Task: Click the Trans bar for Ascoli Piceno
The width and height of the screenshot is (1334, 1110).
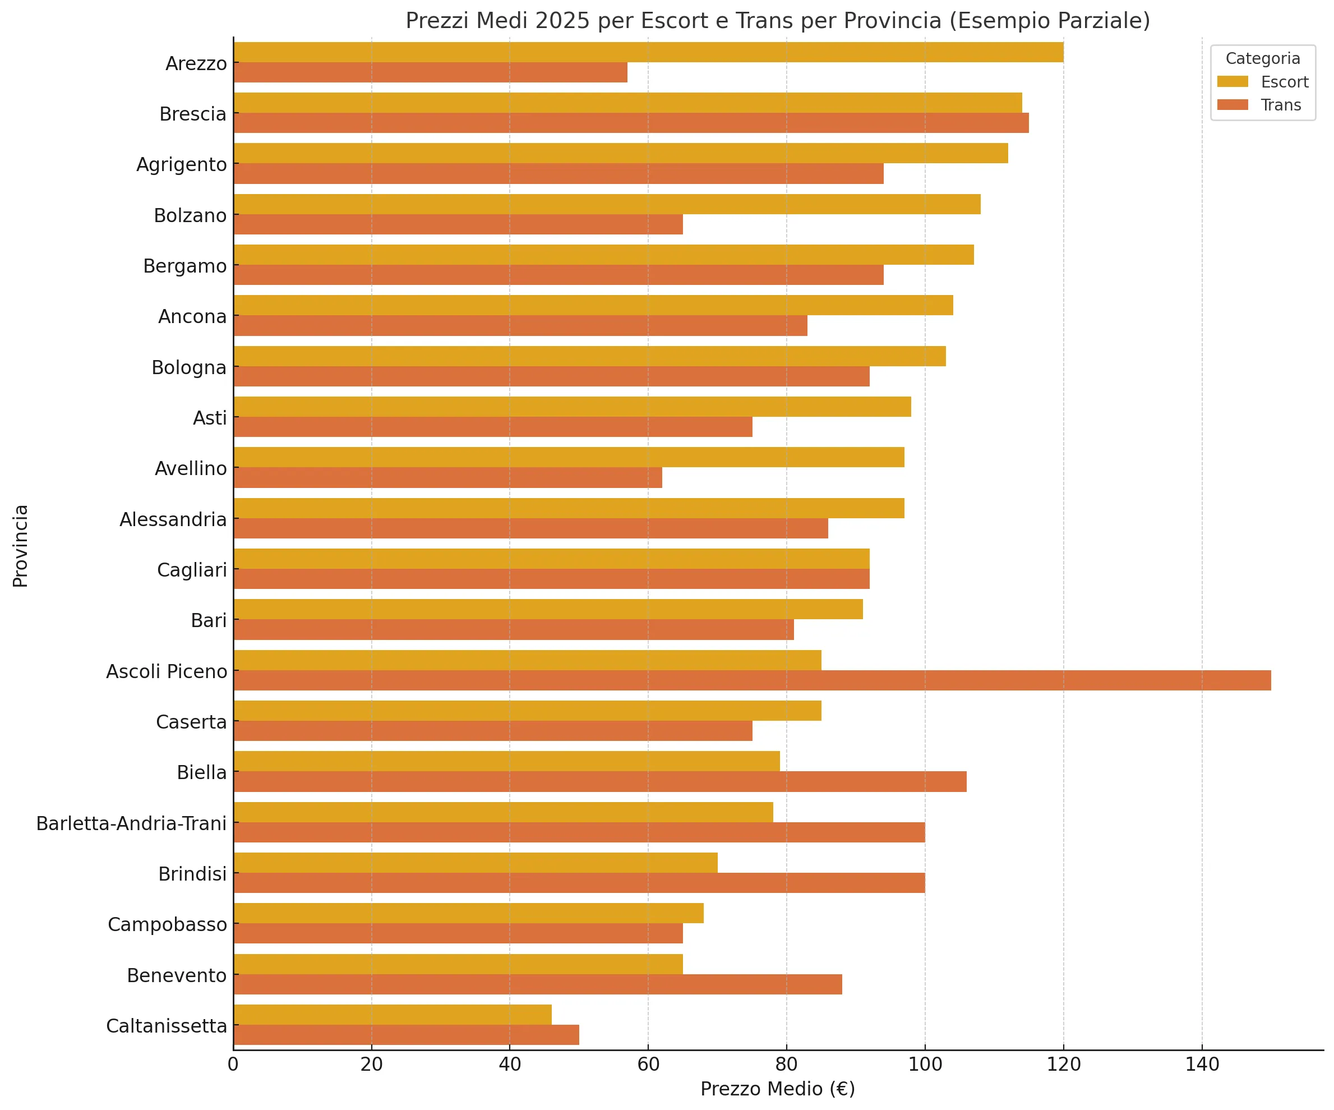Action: (751, 680)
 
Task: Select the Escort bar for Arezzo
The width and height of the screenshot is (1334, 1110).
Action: (648, 52)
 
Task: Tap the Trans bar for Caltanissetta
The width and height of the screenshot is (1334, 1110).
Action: (406, 1035)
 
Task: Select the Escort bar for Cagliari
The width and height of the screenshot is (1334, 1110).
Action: (551, 559)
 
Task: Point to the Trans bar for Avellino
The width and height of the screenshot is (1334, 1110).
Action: (447, 478)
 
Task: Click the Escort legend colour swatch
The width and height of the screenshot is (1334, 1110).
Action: (1233, 82)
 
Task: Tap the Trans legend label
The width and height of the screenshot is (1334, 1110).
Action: (1281, 105)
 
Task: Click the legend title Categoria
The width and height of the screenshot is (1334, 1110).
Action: (1262, 58)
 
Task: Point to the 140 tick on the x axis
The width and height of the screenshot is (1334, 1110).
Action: (1202, 1064)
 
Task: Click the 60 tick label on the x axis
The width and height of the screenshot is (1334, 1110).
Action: (648, 1064)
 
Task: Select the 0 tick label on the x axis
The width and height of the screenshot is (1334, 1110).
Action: (233, 1064)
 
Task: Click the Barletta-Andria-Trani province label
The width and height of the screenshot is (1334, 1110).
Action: (132, 823)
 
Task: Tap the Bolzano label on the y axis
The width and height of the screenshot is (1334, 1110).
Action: (190, 215)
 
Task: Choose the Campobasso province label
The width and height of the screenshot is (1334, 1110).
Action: (167, 924)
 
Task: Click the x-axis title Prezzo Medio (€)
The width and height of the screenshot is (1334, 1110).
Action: (778, 1089)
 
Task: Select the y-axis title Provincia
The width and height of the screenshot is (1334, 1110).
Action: (20, 546)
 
